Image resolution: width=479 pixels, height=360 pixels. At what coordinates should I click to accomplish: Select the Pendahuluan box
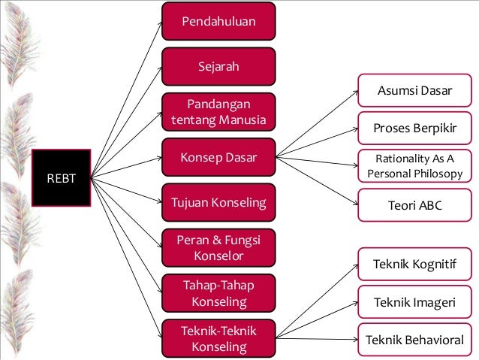218,21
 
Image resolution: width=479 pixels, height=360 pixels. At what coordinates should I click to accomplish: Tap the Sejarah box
218,66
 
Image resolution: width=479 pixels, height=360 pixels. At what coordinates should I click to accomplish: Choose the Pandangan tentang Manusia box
218,111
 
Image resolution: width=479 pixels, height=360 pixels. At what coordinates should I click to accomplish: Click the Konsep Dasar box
218,157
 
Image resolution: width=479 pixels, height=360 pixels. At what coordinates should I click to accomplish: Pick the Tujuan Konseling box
218,202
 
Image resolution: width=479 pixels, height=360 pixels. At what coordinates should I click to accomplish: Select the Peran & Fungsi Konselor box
218,247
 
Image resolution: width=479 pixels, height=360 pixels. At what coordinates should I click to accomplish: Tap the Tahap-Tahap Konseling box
218,292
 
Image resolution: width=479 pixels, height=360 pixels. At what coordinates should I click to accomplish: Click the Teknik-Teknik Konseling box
218,338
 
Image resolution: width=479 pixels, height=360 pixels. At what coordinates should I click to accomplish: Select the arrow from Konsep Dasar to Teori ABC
315,180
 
